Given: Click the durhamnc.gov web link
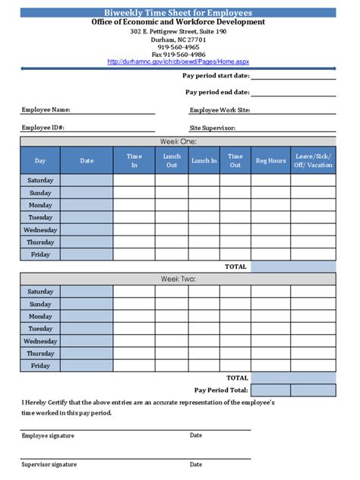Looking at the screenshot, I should point(178,62).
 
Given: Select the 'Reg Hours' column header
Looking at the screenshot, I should point(270,160).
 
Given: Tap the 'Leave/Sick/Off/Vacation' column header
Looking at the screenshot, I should point(313,160).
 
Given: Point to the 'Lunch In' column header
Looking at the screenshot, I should point(204,160).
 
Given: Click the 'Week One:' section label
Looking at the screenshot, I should point(178,141).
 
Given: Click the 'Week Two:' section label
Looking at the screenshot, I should point(178,279).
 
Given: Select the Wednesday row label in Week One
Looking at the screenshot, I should point(40,229).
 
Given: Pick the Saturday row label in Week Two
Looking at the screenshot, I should point(40,292).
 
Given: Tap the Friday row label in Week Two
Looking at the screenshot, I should point(40,365).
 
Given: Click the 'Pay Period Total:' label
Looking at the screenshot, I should point(221,390).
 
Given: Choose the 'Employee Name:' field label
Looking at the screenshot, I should point(46,110).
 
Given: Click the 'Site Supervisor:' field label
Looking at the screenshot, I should point(212,128).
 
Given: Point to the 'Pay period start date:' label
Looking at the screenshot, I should point(216,75).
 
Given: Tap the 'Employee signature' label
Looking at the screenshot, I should point(48,436).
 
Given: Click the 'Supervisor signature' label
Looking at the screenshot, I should point(49,464).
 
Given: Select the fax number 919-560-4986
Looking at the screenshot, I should point(178,55).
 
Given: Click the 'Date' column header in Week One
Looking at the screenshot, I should point(87,160).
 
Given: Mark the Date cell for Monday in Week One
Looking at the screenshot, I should point(87,205).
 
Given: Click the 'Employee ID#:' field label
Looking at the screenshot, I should point(43,128).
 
